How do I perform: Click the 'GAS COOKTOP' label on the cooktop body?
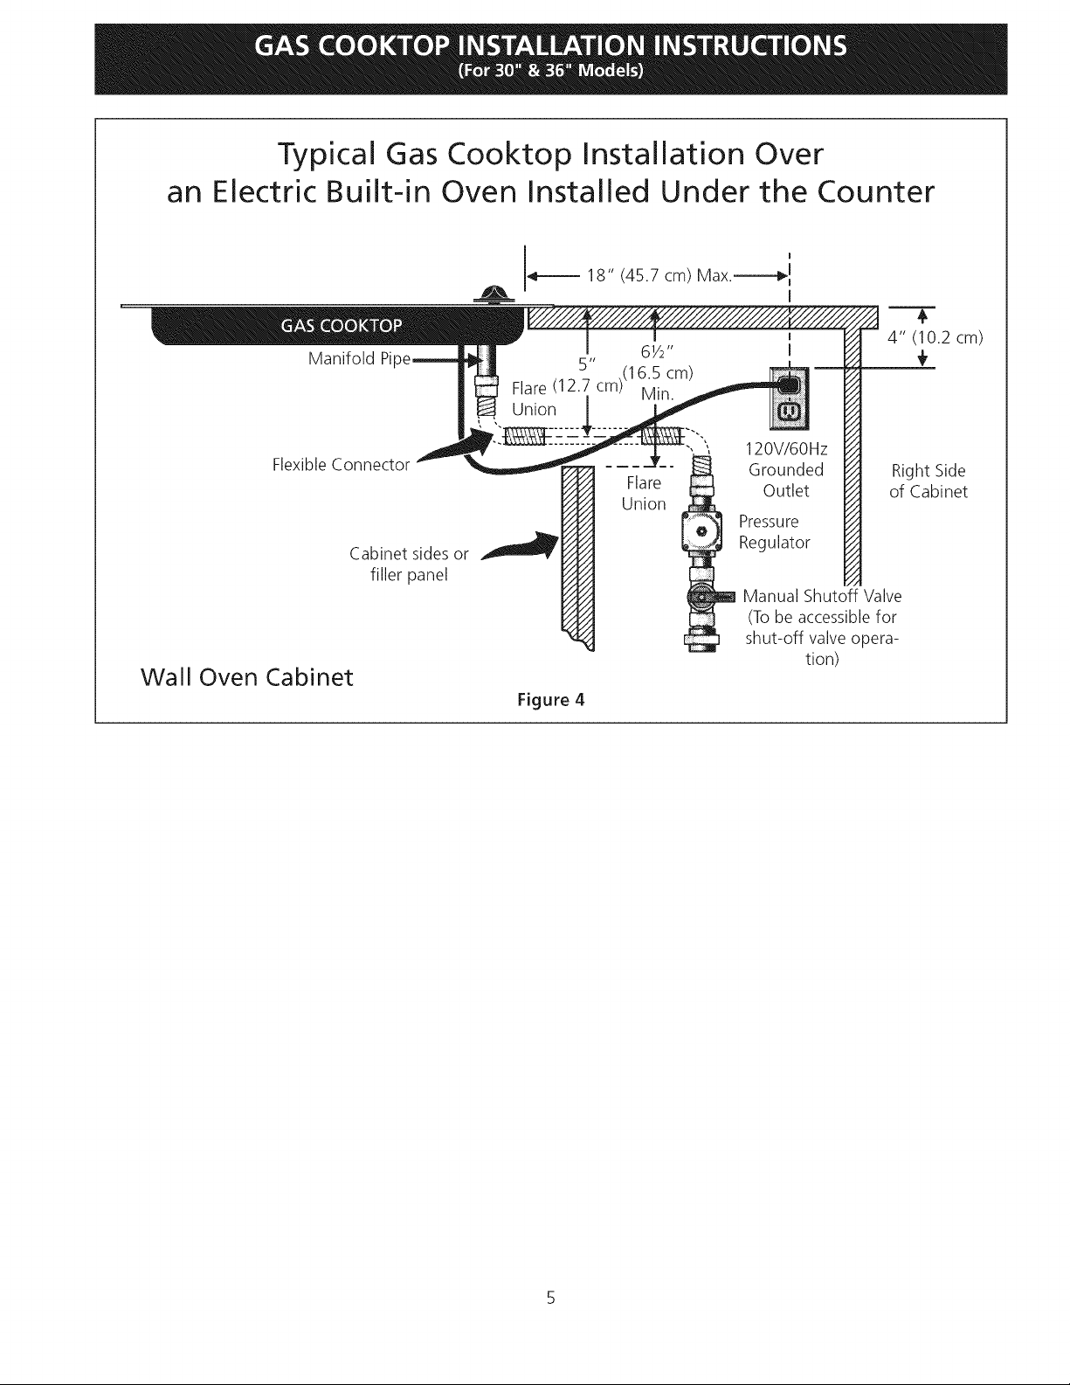point(342,326)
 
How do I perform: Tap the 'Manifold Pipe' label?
point(359,359)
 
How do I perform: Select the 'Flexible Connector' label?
point(341,465)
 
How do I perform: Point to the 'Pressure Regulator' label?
point(774,532)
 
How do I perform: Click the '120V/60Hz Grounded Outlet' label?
point(786,470)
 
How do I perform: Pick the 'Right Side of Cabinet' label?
point(928,481)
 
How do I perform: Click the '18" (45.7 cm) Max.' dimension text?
point(659,275)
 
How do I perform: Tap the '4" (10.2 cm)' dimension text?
point(935,337)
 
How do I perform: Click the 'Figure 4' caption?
point(550,700)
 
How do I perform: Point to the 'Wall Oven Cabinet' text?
point(246,677)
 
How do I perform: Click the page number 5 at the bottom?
point(551,1298)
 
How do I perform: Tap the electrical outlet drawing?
point(789,398)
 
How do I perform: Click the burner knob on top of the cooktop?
point(494,295)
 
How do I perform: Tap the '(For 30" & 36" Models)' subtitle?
point(550,70)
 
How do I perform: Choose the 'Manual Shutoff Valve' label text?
point(822,596)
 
